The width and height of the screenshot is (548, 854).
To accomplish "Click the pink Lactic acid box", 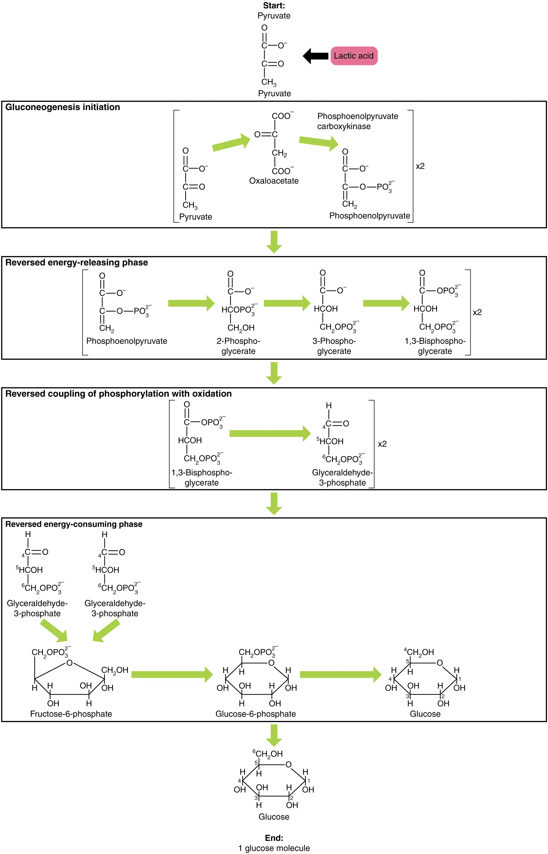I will (354, 56).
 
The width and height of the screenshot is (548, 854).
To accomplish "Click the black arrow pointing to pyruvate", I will (315, 56).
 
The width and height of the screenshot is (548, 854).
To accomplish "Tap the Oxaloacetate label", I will (274, 181).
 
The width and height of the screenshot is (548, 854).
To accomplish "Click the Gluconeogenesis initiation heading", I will (63, 107).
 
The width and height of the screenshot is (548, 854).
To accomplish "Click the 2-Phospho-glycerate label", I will (238, 346).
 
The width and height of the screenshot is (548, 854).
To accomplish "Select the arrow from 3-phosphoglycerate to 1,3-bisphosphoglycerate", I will (386, 303).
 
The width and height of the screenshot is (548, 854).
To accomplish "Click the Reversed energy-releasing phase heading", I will (77, 262).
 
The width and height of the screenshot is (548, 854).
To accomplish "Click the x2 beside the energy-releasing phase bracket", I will (477, 312).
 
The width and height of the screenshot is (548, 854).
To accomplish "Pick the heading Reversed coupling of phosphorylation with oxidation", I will (119, 394).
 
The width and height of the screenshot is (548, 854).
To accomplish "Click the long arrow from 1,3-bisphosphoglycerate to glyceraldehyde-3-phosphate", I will (270, 433).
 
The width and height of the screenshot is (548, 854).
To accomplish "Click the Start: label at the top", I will (274, 6).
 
